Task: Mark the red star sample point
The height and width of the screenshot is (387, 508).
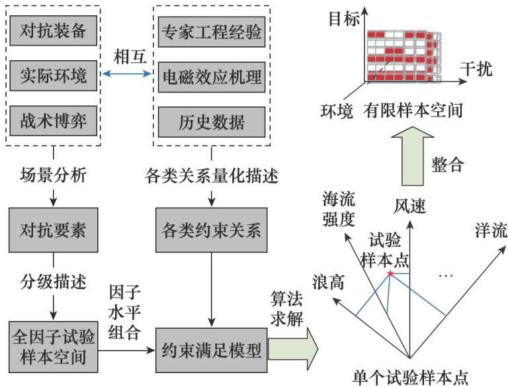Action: (391, 273)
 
